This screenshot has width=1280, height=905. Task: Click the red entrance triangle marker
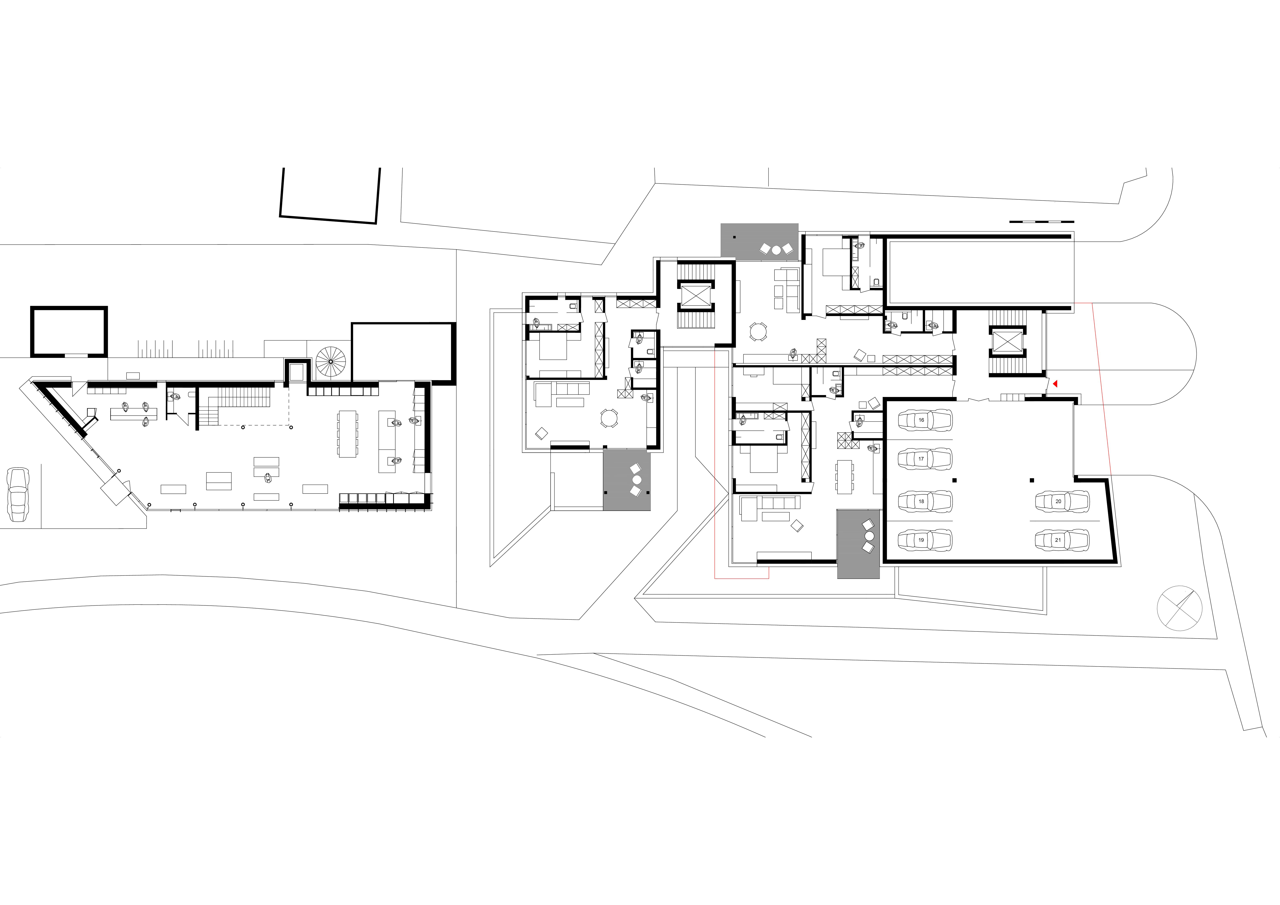pyautogui.click(x=1055, y=383)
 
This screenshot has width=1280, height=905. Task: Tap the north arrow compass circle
pyautogui.click(x=1179, y=609)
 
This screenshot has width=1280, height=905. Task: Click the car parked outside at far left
pyautogui.click(x=18, y=495)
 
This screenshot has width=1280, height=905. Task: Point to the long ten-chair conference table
pyautogui.click(x=347, y=434)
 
